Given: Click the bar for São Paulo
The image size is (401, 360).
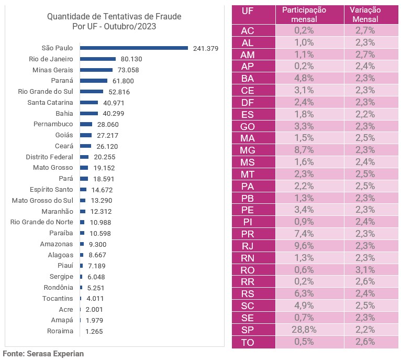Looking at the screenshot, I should point(134,48).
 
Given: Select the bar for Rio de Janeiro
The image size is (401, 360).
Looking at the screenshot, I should point(98,59).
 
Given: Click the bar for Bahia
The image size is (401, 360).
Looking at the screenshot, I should point(89,113).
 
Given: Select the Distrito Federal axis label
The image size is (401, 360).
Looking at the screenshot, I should point(50,157).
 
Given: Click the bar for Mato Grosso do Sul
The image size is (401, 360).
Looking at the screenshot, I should point(83,200).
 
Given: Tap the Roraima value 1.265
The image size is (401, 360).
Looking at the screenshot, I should point(95,331).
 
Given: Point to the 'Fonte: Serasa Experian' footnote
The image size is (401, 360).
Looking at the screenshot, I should point(43,354).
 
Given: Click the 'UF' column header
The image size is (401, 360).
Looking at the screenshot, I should point(248,10).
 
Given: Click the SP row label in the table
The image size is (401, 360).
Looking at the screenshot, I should point(248,330).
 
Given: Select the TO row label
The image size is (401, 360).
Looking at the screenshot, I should point(248,342).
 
